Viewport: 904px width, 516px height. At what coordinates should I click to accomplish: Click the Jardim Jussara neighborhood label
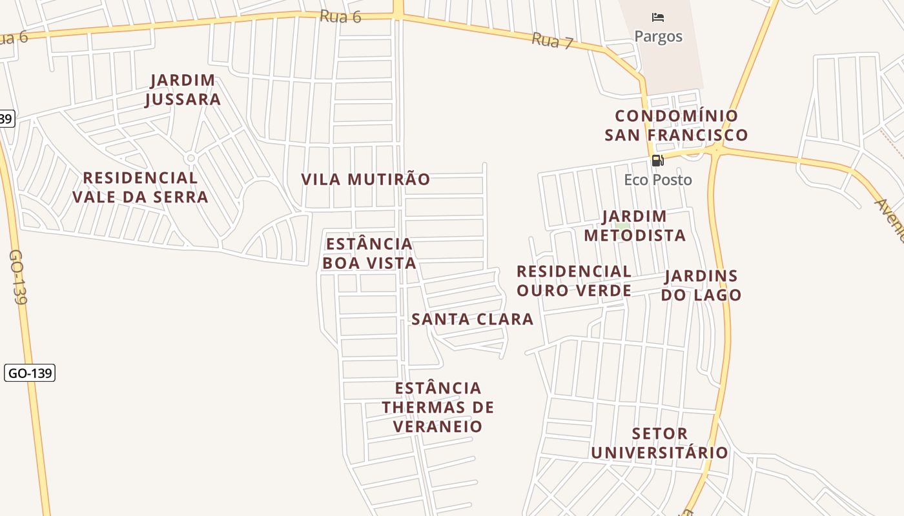[x=183, y=90]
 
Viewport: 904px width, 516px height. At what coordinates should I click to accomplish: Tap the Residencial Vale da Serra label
[x=140, y=187]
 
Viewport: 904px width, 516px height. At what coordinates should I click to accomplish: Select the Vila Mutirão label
[x=365, y=179]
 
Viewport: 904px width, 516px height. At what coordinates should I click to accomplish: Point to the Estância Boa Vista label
[x=369, y=253]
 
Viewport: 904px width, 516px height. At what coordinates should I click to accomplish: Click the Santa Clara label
[x=473, y=319]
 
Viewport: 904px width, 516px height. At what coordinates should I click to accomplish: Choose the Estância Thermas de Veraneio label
[x=438, y=407]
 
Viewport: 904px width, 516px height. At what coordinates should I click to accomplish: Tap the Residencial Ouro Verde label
[x=574, y=281]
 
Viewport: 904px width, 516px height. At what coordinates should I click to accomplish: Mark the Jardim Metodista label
[x=635, y=226]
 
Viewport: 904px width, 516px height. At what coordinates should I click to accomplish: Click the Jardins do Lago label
[x=701, y=285]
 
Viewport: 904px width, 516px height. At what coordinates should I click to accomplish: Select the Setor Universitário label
[x=660, y=442]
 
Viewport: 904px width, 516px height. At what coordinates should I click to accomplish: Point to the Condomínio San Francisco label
[x=676, y=125]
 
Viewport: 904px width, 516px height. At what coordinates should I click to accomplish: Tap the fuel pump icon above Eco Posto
[x=657, y=161]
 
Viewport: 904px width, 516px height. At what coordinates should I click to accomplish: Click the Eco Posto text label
[x=658, y=180]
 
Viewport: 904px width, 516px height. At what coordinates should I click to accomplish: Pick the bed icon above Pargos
[x=658, y=17]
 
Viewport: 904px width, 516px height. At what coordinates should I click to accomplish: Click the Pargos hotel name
[x=658, y=36]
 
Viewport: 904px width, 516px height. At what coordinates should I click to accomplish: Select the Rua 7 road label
[x=552, y=41]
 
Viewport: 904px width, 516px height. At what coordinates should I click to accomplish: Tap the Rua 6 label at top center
[x=340, y=16]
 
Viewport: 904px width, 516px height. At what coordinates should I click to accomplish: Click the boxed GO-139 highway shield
[x=30, y=373]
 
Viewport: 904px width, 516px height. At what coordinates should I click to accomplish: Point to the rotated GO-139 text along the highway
[x=18, y=277]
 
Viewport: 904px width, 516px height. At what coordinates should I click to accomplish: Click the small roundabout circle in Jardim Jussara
[x=190, y=158]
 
